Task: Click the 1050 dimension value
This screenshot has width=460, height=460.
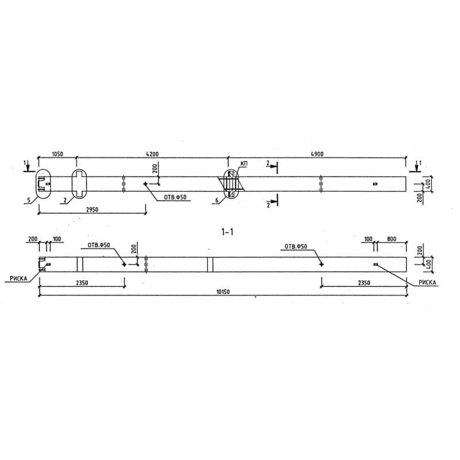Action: [57, 154]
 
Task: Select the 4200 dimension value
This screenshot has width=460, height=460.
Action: [152, 154]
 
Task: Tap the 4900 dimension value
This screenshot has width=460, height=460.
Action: [317, 154]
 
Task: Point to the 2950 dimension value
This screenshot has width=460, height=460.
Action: [92, 209]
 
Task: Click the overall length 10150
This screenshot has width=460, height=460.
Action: [223, 292]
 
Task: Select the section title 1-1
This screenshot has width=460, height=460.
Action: [227, 232]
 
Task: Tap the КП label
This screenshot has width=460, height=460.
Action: [244, 163]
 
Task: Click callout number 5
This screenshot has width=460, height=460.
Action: [28, 201]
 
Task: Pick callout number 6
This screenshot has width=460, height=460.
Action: [217, 200]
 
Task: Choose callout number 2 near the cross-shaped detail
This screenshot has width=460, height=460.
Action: [65, 200]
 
